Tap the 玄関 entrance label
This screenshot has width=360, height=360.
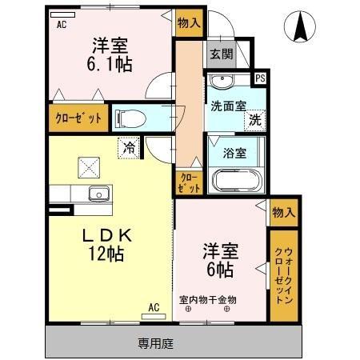(222, 54)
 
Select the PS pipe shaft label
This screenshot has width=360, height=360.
(259, 78)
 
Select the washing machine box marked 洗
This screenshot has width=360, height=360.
(254, 121)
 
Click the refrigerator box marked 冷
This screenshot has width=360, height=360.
(129, 146)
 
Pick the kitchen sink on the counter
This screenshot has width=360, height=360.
(98, 193)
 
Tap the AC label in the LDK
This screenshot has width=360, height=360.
(154, 306)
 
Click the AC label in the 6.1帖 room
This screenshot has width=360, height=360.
(61, 25)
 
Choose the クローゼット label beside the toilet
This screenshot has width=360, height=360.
(78, 119)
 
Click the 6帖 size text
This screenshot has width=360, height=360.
(218, 269)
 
